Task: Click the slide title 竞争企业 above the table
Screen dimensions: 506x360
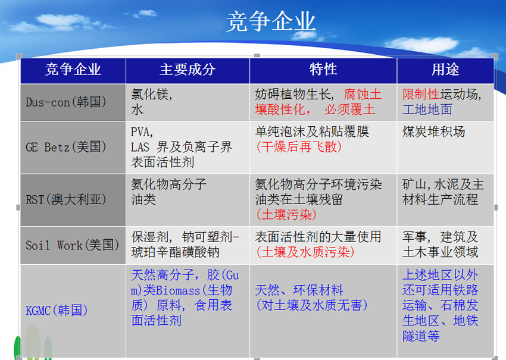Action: (270, 21)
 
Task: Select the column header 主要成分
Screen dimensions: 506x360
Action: (188, 70)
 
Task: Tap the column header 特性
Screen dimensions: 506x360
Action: (323, 70)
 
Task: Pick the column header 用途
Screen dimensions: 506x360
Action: (445, 70)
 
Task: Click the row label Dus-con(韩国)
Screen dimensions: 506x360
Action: (66, 102)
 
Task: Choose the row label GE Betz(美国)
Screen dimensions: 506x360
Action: (66, 147)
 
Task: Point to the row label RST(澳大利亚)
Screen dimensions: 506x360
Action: (66, 200)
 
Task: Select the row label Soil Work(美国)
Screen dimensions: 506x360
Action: (72, 245)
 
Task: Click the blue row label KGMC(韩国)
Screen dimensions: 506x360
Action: (57, 311)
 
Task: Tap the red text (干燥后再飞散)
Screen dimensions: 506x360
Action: (298, 147)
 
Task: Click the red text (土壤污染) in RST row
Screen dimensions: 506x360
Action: (286, 215)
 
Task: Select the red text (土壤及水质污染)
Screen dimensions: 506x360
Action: (305, 252)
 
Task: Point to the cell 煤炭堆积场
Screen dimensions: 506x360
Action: (434, 132)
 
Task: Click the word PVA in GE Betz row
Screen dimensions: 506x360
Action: (140, 132)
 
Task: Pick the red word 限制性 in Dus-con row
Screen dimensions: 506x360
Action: (421, 95)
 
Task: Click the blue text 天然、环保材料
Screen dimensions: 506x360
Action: (299, 290)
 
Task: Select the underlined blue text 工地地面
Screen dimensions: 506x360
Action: (427, 109)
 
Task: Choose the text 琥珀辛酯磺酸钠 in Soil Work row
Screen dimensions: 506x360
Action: (175, 252)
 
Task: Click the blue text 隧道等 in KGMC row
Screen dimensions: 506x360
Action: (421, 336)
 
